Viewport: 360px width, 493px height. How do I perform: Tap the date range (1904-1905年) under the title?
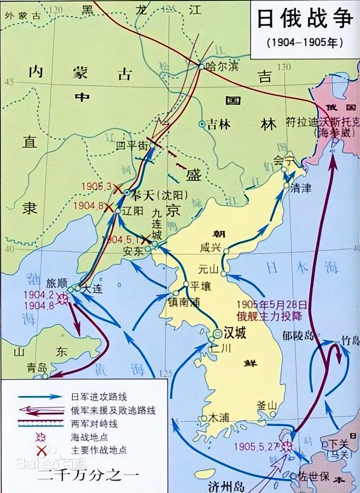point(305,43)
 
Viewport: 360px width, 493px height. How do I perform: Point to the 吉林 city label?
point(220,124)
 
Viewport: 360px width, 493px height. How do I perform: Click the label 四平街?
point(130,145)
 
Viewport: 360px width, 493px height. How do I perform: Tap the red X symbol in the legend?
point(41,450)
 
